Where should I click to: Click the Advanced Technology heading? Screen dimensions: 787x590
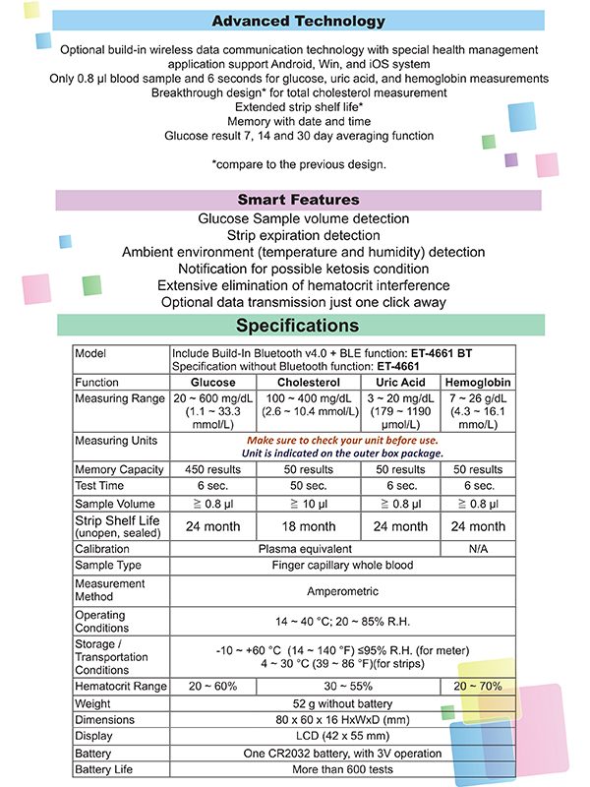point(299,21)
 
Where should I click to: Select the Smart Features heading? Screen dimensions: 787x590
point(299,200)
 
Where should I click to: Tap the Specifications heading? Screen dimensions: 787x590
point(299,326)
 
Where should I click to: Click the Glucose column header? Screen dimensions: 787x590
point(213,382)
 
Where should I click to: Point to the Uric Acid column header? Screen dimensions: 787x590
point(400,382)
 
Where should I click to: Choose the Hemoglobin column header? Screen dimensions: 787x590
point(478,382)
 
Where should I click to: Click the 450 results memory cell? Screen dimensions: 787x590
point(213,469)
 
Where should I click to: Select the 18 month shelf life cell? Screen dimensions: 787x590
point(309,526)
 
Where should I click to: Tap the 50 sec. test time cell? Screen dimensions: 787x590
point(309,486)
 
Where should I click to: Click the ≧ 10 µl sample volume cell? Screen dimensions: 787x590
point(309,503)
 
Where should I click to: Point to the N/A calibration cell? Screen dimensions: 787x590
point(478,549)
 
